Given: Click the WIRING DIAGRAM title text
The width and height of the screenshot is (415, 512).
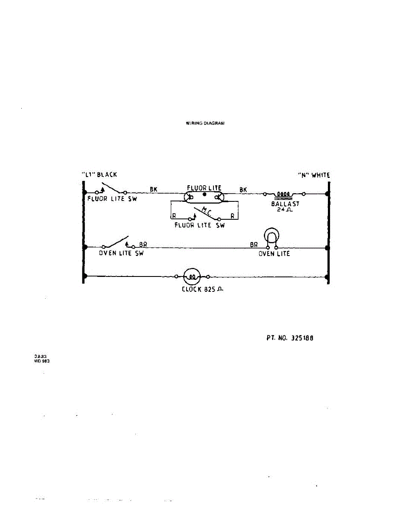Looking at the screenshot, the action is coord(205,123).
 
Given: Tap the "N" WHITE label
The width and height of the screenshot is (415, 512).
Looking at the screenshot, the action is coord(314,175).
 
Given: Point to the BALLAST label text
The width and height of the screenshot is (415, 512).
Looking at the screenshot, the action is coord(285,204).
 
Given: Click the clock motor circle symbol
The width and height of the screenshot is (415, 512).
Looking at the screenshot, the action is coord(192,276).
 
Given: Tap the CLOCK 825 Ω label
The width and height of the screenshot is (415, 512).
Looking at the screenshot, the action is coord(203,289).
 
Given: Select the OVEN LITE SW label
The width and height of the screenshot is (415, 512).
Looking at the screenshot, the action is coord(121,253).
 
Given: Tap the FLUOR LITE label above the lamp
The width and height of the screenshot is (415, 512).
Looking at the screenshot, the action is coord(204,188).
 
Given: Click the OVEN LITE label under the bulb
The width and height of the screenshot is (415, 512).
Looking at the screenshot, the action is coord(274,253).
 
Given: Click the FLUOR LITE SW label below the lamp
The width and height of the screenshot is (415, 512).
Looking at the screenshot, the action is coord(199,225).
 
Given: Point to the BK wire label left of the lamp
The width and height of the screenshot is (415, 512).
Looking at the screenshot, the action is coord(154,189).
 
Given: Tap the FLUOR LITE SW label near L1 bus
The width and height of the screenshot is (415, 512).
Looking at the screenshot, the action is coord(112,199).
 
